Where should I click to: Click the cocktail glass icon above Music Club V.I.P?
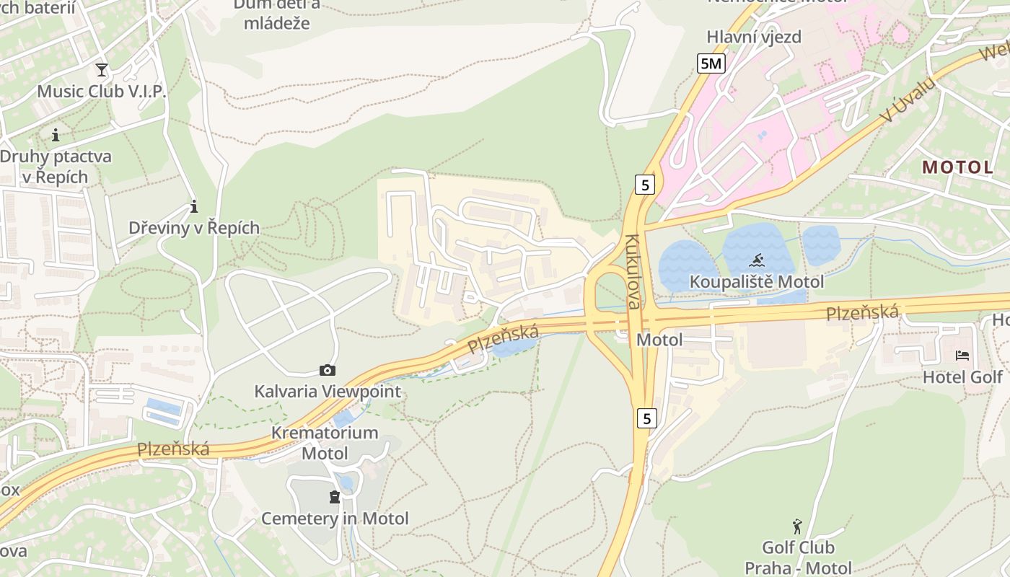point(101,70)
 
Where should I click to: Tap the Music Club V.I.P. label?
point(101,92)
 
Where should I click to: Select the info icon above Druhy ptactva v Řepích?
point(56,135)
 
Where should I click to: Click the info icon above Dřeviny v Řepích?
point(193,207)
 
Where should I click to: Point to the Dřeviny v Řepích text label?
point(193,228)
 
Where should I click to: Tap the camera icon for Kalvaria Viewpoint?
point(327,371)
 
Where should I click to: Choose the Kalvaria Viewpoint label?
point(327,392)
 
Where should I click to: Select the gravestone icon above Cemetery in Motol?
point(334,497)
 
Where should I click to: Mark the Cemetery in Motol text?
point(334,519)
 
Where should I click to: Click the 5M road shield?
point(711,63)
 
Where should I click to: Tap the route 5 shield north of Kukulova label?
point(645,185)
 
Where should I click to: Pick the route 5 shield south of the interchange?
point(647,418)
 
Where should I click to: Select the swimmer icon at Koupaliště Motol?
point(756,260)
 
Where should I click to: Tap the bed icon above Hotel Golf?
point(962,355)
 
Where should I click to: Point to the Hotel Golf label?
point(962,376)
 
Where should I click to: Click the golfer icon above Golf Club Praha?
point(797,526)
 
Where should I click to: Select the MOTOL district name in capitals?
point(957,167)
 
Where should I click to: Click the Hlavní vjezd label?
point(753,37)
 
